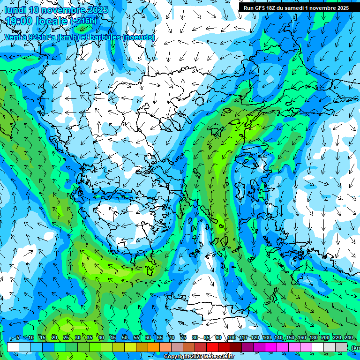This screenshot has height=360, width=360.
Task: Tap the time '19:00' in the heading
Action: pos(19,21)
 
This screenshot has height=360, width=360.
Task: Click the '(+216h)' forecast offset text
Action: pos(83,21)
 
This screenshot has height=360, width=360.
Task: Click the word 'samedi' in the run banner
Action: pos(303,8)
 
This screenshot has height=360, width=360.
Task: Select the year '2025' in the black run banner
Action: pos(339,8)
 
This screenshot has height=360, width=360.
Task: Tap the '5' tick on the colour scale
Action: pos(18,337)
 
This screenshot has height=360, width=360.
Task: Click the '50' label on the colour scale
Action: pos(125,337)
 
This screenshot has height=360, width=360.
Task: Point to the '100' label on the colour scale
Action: pos(232,337)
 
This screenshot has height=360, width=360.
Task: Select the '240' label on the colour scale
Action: pos(349,337)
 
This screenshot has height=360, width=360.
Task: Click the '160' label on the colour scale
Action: pos(302,337)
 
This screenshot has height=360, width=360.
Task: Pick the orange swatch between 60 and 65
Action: pos(154,347)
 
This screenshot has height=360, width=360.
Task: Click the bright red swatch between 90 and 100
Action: pos(224,347)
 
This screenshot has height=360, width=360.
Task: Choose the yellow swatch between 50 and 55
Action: pos(130,347)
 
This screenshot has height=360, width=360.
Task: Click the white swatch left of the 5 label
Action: pos(13,347)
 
